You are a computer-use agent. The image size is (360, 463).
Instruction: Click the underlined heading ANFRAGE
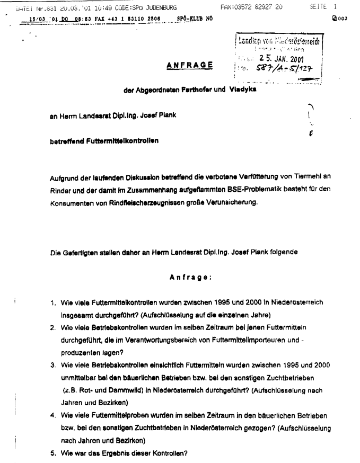click(190, 65)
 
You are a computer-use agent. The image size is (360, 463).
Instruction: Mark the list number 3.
click(53, 365)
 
